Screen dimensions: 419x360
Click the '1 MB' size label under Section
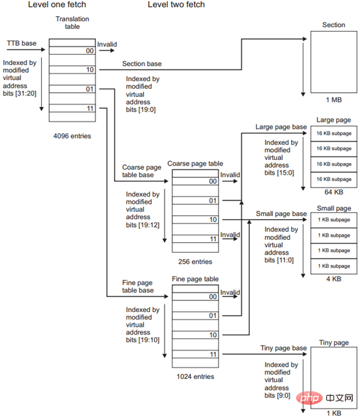pos(333,101)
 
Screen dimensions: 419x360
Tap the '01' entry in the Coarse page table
pos(212,201)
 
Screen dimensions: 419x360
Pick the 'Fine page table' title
pos(193,278)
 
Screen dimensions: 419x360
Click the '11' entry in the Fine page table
pos(212,355)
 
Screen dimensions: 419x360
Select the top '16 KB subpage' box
pos(334,133)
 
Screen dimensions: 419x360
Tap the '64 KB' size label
pos(333,192)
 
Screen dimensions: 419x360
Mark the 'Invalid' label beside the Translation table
pos(107,44)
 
